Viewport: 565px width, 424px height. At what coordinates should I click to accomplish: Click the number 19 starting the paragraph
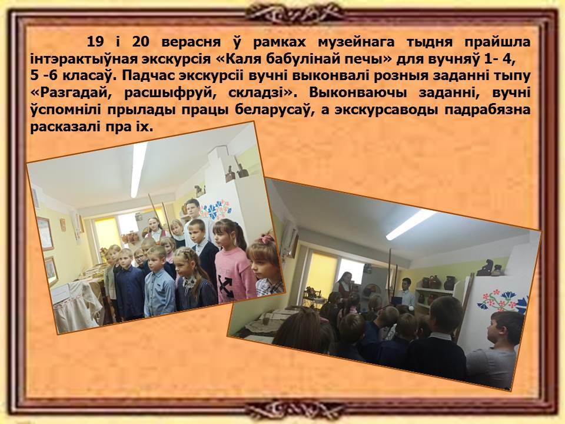click(x=95, y=42)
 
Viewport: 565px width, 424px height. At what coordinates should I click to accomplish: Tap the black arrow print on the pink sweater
click(x=225, y=285)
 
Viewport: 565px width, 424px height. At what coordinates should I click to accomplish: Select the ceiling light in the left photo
click(x=138, y=169)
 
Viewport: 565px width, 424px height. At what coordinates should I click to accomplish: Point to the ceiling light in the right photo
click(x=410, y=224)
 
